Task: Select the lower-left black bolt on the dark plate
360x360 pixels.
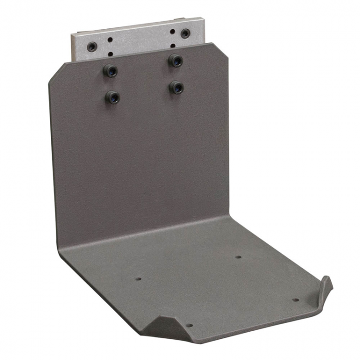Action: pos(112,97)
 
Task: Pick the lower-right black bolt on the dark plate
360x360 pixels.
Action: pos(177,87)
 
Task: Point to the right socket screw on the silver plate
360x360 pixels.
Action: pos(185,33)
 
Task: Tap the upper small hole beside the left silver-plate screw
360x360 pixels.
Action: pos(110,40)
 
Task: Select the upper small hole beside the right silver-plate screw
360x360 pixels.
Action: pos(172,32)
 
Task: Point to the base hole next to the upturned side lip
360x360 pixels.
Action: pos(295,300)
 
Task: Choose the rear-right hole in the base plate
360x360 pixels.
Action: pos(238,257)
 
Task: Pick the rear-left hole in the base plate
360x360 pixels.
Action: pos(139,278)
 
